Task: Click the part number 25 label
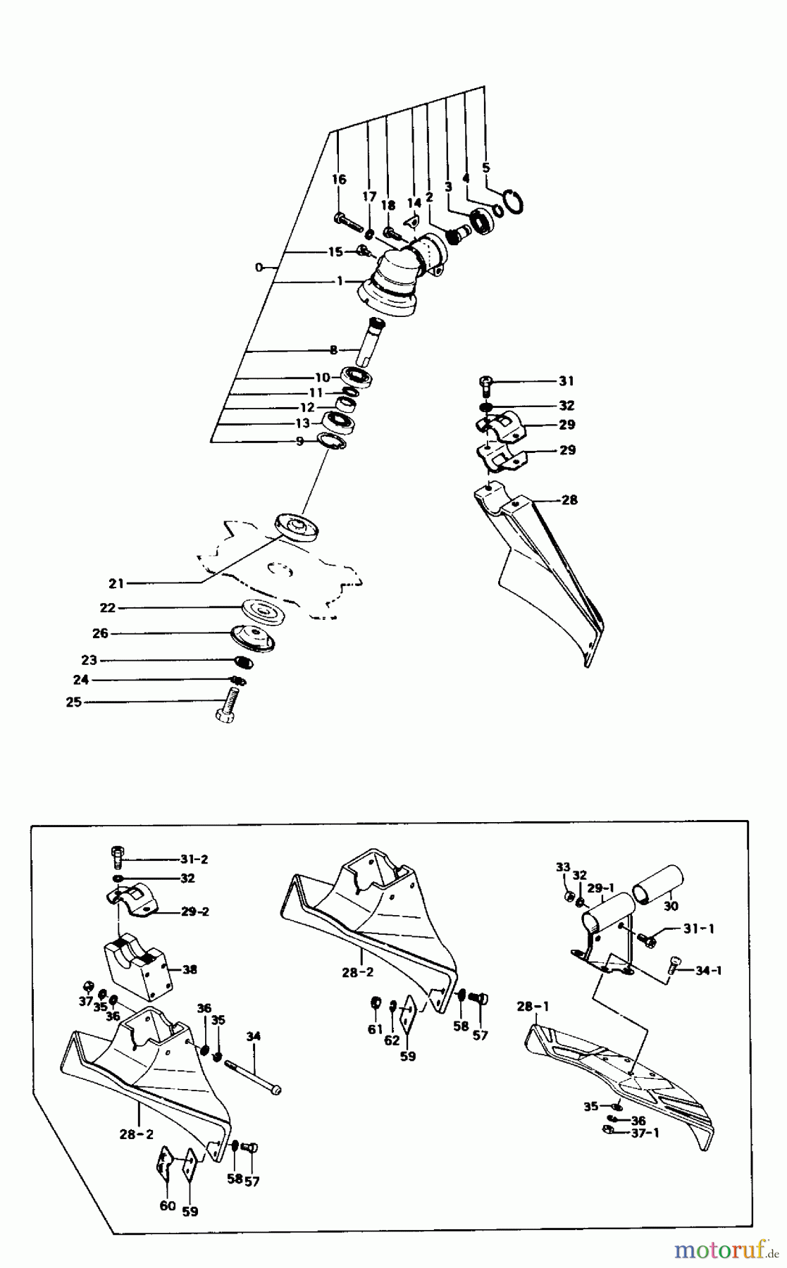coord(73,702)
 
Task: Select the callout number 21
coord(116,583)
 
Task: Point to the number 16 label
coord(339,179)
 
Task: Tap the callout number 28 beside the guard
coord(569,500)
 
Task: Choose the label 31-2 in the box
coord(194,859)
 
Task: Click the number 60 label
coord(167,1205)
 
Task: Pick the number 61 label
coord(374,1030)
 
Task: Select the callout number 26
coord(101,633)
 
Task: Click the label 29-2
coord(195,912)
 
